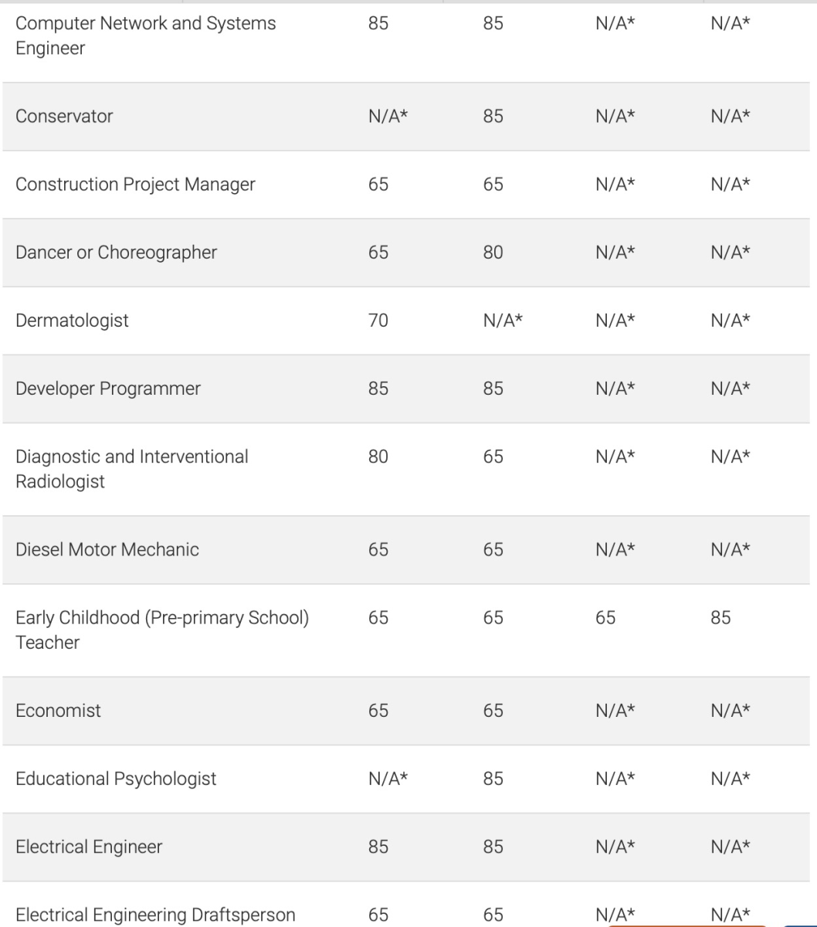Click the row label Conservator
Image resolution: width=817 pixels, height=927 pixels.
64,117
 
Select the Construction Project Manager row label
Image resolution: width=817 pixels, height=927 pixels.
135,185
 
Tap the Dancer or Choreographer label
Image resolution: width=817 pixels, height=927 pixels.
116,253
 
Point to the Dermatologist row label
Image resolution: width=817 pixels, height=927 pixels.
72,321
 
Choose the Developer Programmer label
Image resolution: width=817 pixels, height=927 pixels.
107,389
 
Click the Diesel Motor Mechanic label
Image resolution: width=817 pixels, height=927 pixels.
107,549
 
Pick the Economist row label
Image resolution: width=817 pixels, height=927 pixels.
58,710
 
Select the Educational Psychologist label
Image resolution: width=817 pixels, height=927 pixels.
116,778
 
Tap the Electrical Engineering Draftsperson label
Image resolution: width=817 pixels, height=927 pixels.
155,915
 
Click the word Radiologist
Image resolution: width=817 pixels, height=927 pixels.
60,481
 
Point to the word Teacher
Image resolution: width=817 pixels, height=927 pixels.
47,642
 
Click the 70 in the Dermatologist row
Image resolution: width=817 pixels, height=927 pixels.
378,321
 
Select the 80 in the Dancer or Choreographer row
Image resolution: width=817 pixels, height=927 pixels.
493,253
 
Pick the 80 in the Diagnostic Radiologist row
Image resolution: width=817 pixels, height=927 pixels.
378,457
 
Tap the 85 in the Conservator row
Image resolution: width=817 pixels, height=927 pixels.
493,117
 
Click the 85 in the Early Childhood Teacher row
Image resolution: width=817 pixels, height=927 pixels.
720,617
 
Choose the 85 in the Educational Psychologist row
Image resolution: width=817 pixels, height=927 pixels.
493,778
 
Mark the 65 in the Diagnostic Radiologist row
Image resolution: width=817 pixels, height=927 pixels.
493,457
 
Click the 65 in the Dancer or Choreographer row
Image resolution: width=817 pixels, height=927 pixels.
378,253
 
